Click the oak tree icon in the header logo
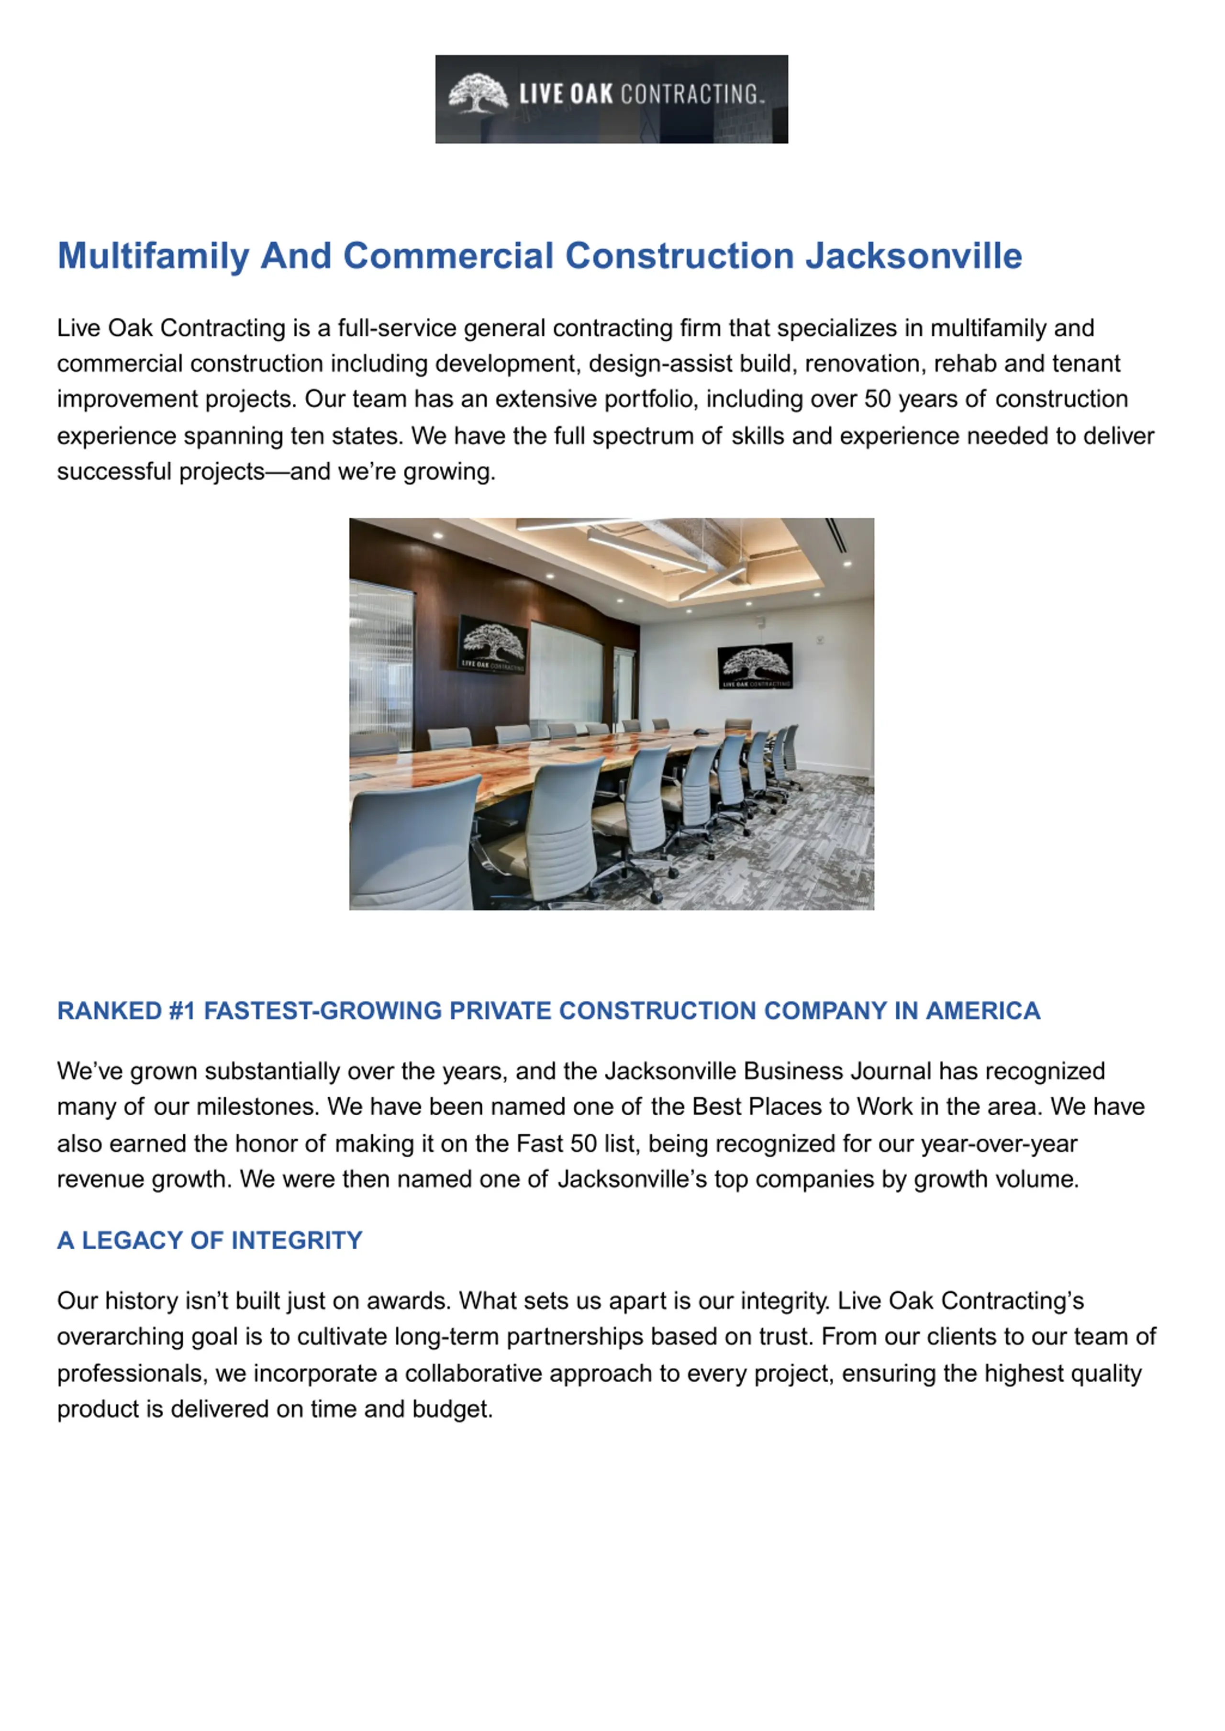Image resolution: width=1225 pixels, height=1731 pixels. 478,93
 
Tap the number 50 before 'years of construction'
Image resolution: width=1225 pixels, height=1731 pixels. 877,399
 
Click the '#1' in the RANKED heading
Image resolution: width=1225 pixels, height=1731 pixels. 182,1010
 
